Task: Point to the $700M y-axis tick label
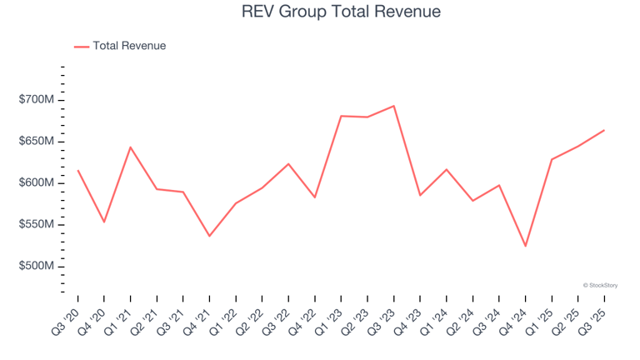[x=37, y=100]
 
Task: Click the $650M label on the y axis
[x=37, y=142]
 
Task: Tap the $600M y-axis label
[x=37, y=183]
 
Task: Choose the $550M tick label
[x=37, y=225]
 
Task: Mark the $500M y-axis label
[x=37, y=267]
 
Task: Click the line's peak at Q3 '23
[x=393, y=106]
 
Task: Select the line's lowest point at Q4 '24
[x=525, y=246]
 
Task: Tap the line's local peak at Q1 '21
[x=130, y=147]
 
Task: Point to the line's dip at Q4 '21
[x=209, y=236]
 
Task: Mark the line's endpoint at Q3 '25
[x=604, y=130]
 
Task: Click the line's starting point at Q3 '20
[x=77, y=171]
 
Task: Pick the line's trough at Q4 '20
[x=104, y=222]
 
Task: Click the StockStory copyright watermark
[x=600, y=285]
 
